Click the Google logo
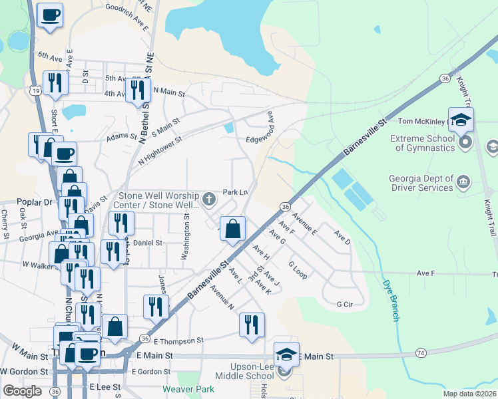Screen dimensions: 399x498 pos(22,390)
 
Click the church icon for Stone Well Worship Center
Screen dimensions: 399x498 pos(209,199)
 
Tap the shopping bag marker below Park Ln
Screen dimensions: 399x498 pos(233,229)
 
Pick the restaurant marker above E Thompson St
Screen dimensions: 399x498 pos(251,325)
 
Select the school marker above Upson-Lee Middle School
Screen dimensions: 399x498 pos(286,354)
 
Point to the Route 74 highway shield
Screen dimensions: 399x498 pos(420,352)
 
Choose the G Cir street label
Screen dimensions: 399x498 pos(344,304)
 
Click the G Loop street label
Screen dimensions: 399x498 pos(297,269)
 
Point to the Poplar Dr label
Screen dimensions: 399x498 pos(19,201)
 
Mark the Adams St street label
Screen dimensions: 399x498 pos(122,140)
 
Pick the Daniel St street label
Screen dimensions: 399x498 pos(148,243)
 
